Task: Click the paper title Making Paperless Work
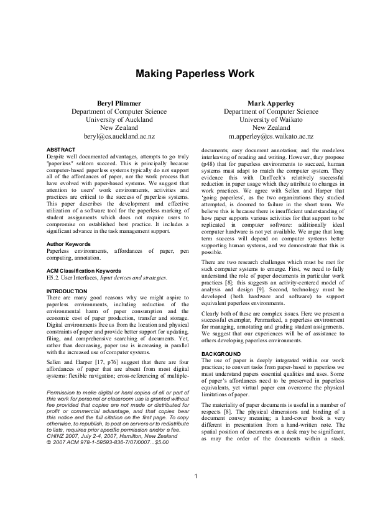click(195, 73)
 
